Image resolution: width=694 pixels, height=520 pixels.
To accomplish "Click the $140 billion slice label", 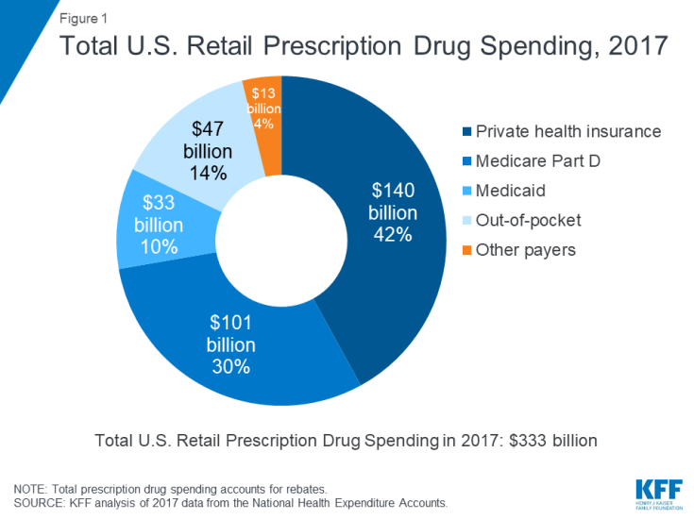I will tap(392, 213).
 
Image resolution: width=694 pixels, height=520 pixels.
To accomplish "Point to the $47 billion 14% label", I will tap(209, 150).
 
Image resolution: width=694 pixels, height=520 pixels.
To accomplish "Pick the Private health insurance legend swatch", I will tap(465, 132).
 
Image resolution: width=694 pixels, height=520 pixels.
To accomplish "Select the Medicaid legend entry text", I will tap(511, 191).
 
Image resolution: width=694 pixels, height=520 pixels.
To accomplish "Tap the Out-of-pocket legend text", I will tap(527, 221).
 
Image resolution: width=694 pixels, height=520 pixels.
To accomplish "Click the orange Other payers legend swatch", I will tap(465, 250).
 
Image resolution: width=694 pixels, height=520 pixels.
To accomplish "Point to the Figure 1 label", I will tap(84, 17).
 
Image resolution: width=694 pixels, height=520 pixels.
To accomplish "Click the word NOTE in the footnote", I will tap(32, 489).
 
